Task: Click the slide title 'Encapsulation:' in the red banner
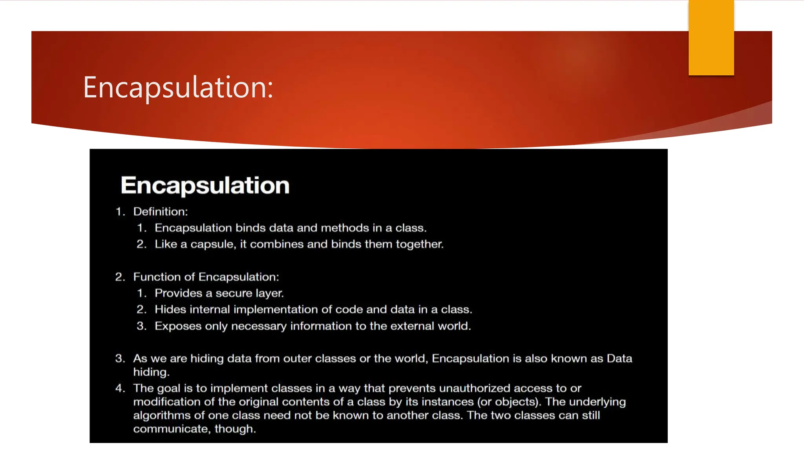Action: pyautogui.click(x=178, y=87)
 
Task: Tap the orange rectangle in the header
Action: pyautogui.click(x=711, y=38)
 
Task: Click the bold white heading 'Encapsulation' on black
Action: pyautogui.click(x=205, y=185)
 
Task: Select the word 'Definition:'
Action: pyautogui.click(x=161, y=212)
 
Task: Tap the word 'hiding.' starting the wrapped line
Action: pyautogui.click(x=151, y=372)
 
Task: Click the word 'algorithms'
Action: pyautogui.click(x=161, y=416)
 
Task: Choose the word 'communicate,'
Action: pyautogui.click(x=172, y=429)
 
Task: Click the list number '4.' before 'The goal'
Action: pyautogui.click(x=120, y=388)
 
